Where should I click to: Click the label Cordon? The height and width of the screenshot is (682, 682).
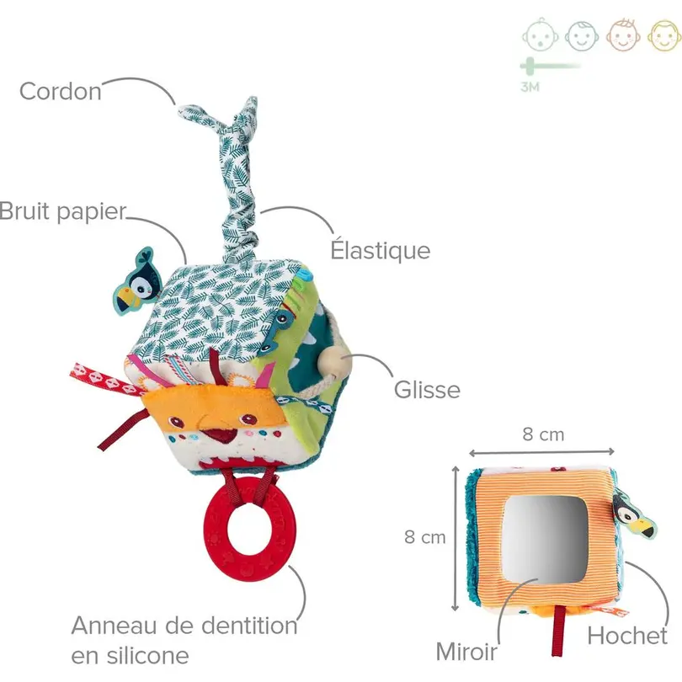(61, 91)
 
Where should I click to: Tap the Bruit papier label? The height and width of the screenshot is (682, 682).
(62, 211)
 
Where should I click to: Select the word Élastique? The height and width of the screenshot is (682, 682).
(381, 250)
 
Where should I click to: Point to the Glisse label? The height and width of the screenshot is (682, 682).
(427, 389)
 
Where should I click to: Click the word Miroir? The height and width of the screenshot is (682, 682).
(466, 652)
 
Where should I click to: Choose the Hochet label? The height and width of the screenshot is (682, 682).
(627, 636)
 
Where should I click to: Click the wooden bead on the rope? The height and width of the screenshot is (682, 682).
(332, 360)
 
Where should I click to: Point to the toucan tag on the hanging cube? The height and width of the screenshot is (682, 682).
(136, 282)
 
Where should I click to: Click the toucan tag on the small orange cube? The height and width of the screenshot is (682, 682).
(634, 514)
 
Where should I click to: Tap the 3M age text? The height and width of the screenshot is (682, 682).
(530, 87)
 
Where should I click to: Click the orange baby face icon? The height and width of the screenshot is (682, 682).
(623, 35)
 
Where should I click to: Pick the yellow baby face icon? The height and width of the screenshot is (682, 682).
(664, 35)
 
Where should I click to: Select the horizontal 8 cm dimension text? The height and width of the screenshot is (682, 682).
(543, 434)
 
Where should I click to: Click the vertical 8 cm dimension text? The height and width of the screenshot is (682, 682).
(425, 537)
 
